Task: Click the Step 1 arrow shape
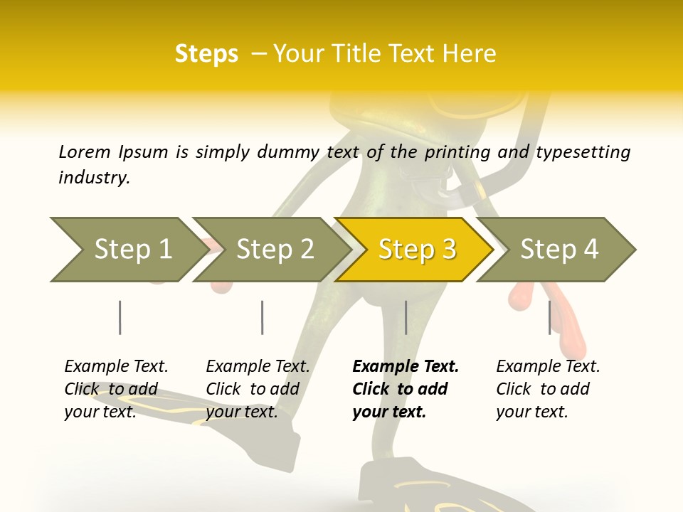[128, 250]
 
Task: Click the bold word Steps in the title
[206, 54]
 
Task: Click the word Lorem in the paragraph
[85, 151]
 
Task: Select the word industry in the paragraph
[94, 177]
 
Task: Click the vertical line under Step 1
[120, 317]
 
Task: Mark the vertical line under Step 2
[263, 317]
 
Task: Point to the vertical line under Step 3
[406, 317]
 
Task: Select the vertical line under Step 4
[549, 317]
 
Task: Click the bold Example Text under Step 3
[406, 366]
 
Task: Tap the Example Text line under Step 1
[116, 366]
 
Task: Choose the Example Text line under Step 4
[548, 366]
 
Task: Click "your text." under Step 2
[241, 412]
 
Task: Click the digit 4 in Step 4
[591, 250]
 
